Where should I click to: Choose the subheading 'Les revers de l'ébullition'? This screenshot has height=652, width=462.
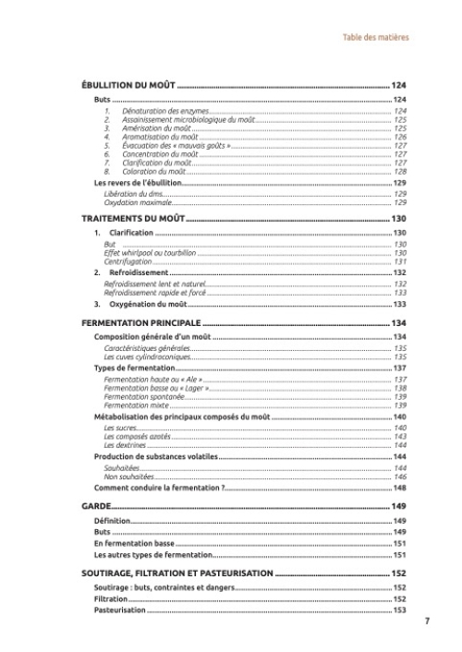click(x=139, y=183)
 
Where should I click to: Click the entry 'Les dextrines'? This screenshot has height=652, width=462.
click(x=125, y=445)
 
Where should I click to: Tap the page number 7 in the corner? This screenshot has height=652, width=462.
click(x=426, y=621)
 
